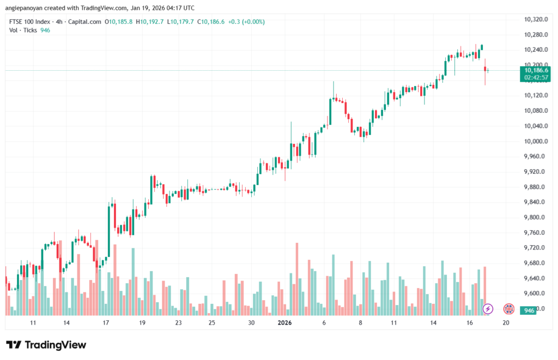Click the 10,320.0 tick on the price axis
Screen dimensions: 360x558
tap(535, 20)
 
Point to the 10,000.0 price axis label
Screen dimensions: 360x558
tap(535, 141)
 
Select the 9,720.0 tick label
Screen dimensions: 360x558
tap(535, 248)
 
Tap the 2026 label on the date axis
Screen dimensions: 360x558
tap(284, 323)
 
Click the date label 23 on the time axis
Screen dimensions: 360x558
tap(178, 323)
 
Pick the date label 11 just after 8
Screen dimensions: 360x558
tap(393, 323)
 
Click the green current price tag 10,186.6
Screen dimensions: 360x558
tap(535, 70)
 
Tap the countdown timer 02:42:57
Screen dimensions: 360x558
tap(535, 78)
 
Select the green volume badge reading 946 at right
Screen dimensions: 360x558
tap(528, 310)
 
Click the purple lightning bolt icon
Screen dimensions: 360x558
tap(488, 309)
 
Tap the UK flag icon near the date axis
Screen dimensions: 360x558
tap(509, 309)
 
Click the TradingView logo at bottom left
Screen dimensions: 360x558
tap(46, 345)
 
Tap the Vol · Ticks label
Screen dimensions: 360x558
tap(23, 30)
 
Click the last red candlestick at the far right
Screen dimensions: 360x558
tap(484, 69)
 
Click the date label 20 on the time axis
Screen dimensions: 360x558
tap(506, 323)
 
